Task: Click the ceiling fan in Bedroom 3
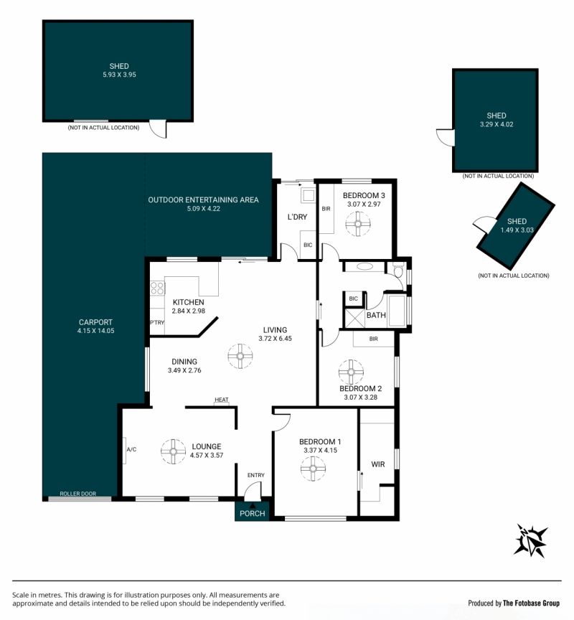[x=358, y=224]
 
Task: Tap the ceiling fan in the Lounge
[x=173, y=451]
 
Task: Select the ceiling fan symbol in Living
[x=240, y=356]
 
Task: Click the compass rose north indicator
[x=531, y=540]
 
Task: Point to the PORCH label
[x=253, y=514]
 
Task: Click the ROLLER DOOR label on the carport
[x=78, y=494]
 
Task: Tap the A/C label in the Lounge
[x=131, y=450]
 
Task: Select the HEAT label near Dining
[x=222, y=400]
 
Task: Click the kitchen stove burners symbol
[x=157, y=288]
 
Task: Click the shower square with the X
[x=354, y=319]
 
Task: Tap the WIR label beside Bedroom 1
[x=378, y=464]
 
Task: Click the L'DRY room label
[x=297, y=217]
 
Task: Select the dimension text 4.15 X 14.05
[x=95, y=331]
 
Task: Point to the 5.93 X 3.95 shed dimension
[x=119, y=75]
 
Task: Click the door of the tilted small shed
[x=484, y=225]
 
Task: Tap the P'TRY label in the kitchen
[x=157, y=323]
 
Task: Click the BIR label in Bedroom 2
[x=374, y=339]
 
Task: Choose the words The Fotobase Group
[x=531, y=603]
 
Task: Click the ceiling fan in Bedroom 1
[x=313, y=469]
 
